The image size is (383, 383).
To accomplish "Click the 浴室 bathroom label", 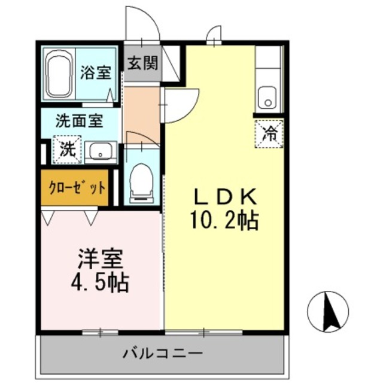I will point(95,73).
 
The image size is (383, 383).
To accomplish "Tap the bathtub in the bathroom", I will point(59,77).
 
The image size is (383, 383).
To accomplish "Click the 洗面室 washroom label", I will point(78,121).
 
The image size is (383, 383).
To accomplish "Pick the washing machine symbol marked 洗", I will point(67,150).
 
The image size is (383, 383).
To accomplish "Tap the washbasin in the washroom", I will point(100,152).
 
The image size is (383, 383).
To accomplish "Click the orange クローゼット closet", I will point(74,187).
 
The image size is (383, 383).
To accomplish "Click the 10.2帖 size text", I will point(224,222).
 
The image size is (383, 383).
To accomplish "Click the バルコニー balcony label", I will point(162,352).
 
